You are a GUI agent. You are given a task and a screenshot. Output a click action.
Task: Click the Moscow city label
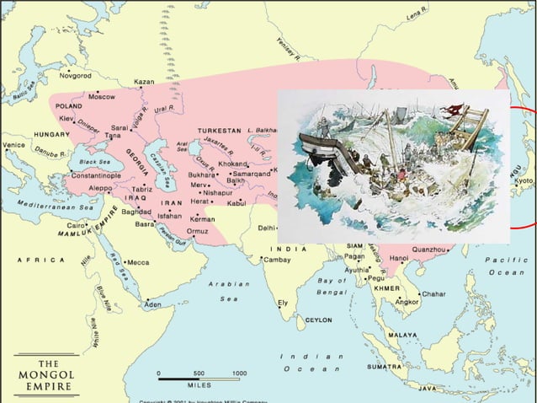pyautogui.click(x=103, y=97)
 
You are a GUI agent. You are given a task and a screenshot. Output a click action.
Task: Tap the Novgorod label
pyautogui.click(x=74, y=75)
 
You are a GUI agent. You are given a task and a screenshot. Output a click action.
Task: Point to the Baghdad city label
pyautogui.click(x=135, y=212)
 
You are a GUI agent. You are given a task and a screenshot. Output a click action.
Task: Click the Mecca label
pyautogui.click(x=136, y=262)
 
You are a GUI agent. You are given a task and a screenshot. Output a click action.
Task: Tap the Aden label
pyautogui.click(x=153, y=304)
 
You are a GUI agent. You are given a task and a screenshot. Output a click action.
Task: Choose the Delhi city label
pyautogui.click(x=265, y=228)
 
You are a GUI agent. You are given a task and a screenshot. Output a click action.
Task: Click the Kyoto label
pyautogui.click(x=524, y=181)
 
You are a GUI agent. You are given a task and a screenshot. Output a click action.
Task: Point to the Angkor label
pyautogui.click(x=407, y=301)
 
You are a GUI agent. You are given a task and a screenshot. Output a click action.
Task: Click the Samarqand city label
pyautogui.click(x=251, y=172)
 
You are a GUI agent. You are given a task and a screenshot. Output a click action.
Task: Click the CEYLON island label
pyautogui.click(x=318, y=320)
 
